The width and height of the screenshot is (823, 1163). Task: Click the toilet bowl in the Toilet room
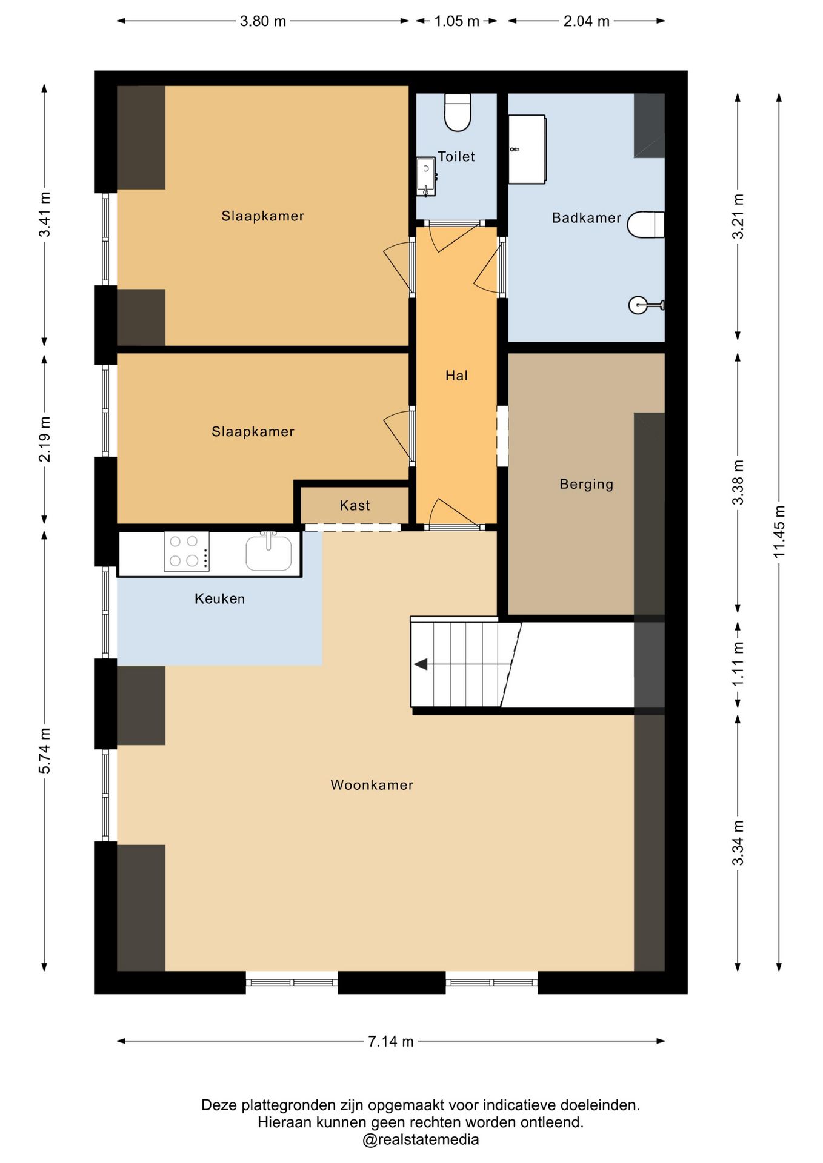click(x=458, y=112)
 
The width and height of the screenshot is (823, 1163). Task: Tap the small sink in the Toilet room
click(x=426, y=176)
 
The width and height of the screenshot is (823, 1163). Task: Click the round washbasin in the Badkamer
click(x=639, y=305)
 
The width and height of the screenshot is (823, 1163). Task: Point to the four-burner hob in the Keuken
click(x=187, y=551)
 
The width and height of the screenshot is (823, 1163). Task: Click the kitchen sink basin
click(x=268, y=552)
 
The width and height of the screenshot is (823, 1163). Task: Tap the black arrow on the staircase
click(x=421, y=664)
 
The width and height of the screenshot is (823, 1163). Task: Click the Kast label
click(x=355, y=505)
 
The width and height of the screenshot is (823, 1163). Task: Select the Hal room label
click(x=456, y=376)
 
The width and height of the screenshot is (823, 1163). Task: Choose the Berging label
click(x=586, y=484)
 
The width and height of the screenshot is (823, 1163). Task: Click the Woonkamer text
click(x=372, y=785)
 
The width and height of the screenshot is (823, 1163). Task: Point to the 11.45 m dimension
click(x=779, y=532)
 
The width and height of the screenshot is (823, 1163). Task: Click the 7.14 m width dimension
click(x=391, y=1041)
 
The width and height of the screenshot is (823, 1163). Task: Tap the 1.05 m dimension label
click(x=456, y=21)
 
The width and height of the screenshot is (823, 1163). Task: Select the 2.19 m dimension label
click(x=44, y=439)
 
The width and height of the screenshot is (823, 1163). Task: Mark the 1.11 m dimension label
click(x=738, y=664)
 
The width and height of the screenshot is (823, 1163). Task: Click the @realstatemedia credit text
click(x=421, y=1139)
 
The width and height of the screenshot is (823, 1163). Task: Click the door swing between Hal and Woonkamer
click(x=453, y=512)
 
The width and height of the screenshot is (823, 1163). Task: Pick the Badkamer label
click(x=586, y=217)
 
